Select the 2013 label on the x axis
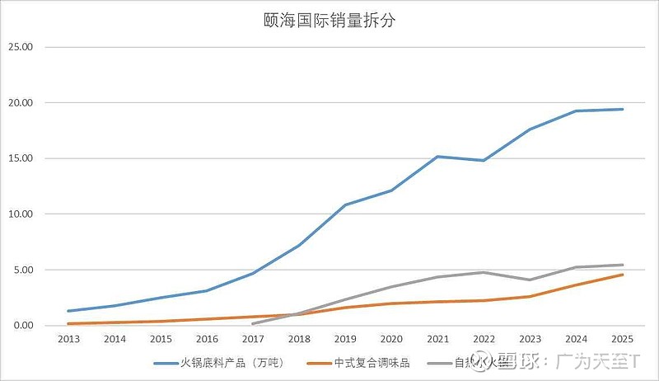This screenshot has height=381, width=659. [68, 339]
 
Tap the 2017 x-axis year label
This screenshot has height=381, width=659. [253, 339]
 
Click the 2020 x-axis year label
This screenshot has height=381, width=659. [391, 339]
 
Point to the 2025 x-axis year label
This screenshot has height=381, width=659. [622, 339]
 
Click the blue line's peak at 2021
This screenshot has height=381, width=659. [437, 156]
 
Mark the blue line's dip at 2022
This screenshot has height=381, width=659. [484, 160]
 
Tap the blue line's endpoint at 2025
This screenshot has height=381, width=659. [622, 109]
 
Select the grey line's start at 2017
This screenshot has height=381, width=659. [253, 323]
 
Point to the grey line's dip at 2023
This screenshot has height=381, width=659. [530, 280]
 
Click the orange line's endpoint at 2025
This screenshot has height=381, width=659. [622, 275]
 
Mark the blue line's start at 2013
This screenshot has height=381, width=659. [68, 311]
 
